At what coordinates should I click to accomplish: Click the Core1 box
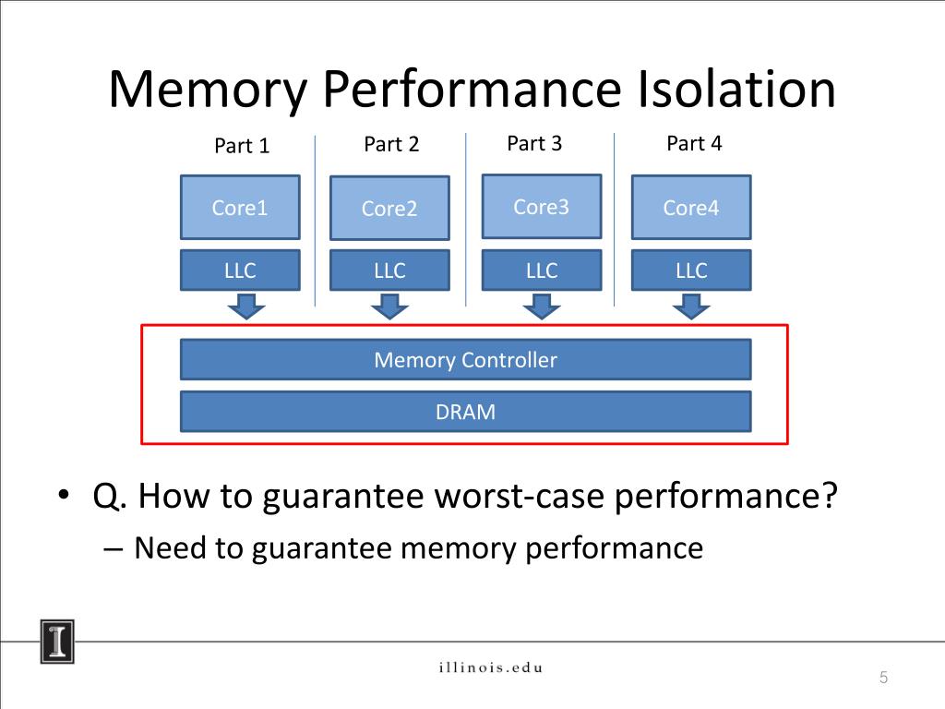(240, 208)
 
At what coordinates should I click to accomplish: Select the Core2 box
(389, 208)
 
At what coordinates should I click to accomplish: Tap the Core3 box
(541, 207)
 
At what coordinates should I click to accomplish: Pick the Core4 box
(691, 208)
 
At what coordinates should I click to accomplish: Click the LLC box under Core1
(240, 270)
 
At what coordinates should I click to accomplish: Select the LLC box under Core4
(691, 270)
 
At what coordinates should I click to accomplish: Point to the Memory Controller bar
(465, 359)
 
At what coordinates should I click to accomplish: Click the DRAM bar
(465, 412)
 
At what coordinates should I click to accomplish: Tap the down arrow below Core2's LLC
(389, 306)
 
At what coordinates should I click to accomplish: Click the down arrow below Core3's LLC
(541, 306)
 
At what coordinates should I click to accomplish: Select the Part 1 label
(242, 145)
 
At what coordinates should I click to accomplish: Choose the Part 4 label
(694, 143)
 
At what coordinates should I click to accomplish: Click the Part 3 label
(534, 143)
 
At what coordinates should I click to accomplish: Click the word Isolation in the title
(736, 89)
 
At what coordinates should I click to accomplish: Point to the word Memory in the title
(208, 90)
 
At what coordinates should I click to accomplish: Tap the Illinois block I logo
(57, 642)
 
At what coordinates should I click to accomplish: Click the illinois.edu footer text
(491, 667)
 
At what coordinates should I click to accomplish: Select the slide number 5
(883, 677)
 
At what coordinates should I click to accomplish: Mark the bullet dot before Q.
(64, 495)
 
